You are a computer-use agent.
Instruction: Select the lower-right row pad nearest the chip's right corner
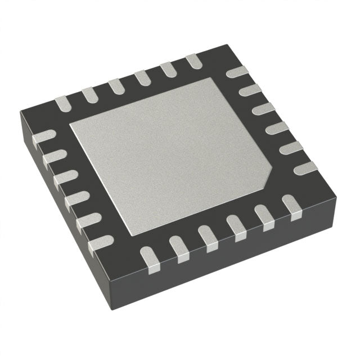pyautogui.click(x=291, y=204)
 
